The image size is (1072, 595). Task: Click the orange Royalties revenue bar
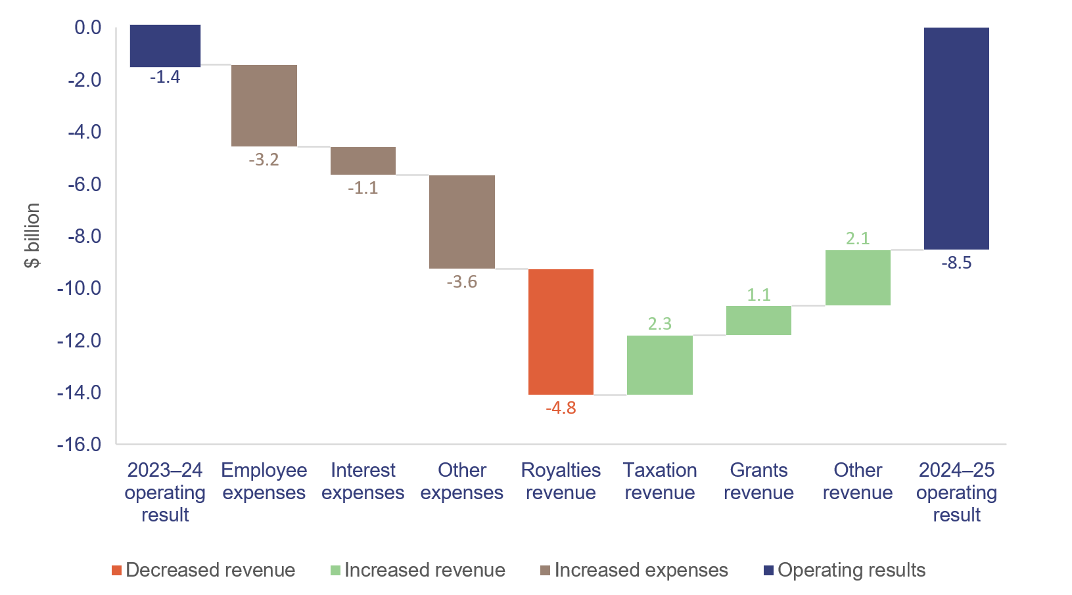[x=561, y=332]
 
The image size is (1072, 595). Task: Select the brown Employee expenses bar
[x=264, y=106]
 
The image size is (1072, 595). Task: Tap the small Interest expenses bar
[x=363, y=161]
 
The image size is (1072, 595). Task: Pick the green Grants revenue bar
[x=758, y=320]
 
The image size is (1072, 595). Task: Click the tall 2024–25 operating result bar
[x=956, y=139]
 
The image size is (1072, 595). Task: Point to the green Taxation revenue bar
[x=659, y=365]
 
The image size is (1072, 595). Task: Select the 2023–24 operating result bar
[x=165, y=46]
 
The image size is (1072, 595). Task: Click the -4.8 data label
[x=561, y=408]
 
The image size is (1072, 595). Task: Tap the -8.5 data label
[x=956, y=263]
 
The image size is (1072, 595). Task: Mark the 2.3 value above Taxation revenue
[x=659, y=324]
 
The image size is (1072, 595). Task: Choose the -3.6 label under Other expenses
[x=461, y=282]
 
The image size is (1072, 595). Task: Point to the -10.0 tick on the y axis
[x=79, y=288]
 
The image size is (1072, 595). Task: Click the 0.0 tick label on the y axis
[x=87, y=28]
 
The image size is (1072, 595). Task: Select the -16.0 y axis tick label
[x=79, y=445]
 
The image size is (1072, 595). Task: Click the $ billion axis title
[x=32, y=235]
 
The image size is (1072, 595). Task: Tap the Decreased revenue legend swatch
[x=116, y=571]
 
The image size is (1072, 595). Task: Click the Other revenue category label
[x=857, y=481]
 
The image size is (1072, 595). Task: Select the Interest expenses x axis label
[x=363, y=481]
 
